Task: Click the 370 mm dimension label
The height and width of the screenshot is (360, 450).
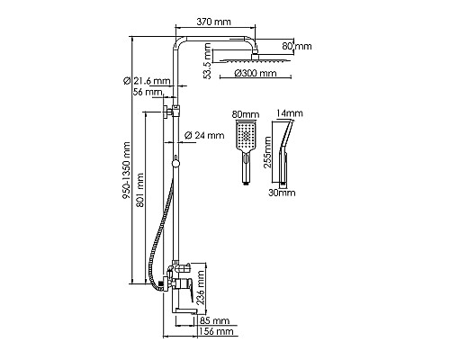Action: [x=213, y=22]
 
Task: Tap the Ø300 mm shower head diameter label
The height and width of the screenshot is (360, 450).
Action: [x=256, y=73]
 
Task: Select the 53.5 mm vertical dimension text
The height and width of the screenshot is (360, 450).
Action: [x=208, y=61]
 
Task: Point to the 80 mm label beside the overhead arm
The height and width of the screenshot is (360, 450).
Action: [x=297, y=46]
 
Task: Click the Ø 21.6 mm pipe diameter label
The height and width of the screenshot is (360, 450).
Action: [x=147, y=81]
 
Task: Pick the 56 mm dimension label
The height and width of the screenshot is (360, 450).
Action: [x=148, y=92]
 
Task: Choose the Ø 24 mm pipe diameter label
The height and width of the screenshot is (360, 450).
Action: [x=204, y=135]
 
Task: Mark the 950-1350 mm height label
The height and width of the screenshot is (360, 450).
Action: [x=127, y=170]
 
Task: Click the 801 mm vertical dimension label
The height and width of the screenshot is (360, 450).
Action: [x=140, y=190]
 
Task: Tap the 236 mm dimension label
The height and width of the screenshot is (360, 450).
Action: [x=201, y=287]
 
